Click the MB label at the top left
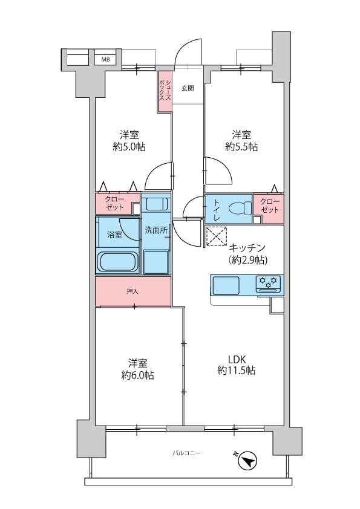pyautogui.click(x=105, y=59)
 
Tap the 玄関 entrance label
pyautogui.click(x=187, y=88)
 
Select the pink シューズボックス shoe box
pyautogui.click(x=165, y=91)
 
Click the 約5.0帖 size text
pyautogui.click(x=128, y=146)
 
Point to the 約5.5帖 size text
pyautogui.click(x=241, y=146)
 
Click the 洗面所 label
pyautogui.click(x=155, y=230)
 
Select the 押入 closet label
pyautogui.click(x=133, y=291)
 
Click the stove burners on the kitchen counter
pyautogui.click(x=268, y=282)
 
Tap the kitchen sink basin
pyautogui.click(x=225, y=284)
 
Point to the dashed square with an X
pyautogui.click(x=216, y=236)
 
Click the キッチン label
pyautogui.click(x=247, y=247)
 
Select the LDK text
pyautogui.click(x=236, y=357)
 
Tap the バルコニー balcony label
pyautogui.click(x=186, y=453)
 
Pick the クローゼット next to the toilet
pyautogui.click(x=269, y=206)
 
